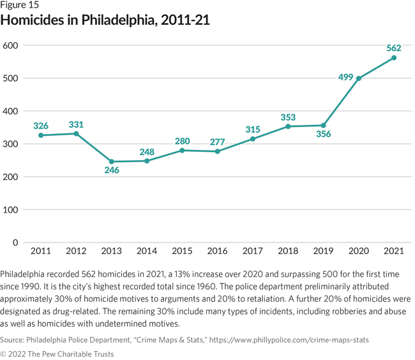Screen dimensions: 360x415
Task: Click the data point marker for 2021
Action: pyautogui.click(x=394, y=57)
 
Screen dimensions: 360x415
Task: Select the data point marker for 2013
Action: pyautogui.click(x=112, y=161)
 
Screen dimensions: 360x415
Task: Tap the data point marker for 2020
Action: pyautogui.click(x=359, y=79)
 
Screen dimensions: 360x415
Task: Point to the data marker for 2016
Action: pyautogui.click(x=218, y=151)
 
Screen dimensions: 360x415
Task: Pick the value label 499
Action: pyautogui.click(x=345, y=78)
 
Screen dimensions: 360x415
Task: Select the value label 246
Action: pyautogui.click(x=112, y=171)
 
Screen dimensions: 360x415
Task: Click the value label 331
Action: pyautogui.click(x=77, y=124)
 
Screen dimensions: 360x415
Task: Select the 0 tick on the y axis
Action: pyautogui.click(x=13, y=243)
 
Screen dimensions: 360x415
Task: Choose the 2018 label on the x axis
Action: pyautogui.click(x=288, y=251)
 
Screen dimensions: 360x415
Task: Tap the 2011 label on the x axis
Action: pyautogui.click(x=41, y=251)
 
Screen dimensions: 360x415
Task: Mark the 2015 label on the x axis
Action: pyautogui.click(x=182, y=251)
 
